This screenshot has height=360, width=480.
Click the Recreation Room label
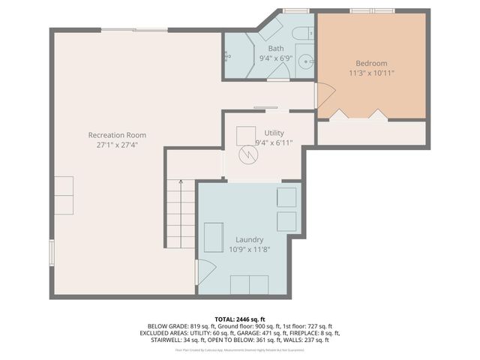pyautogui.click(x=117, y=135)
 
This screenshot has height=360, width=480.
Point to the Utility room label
pyautogui.click(x=274, y=132)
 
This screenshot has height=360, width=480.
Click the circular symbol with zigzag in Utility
pyautogui.click(x=247, y=155)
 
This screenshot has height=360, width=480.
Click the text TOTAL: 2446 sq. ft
pyautogui.click(x=239, y=319)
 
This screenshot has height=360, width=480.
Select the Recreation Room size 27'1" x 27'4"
pyautogui.click(x=117, y=145)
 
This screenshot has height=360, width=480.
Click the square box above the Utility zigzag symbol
pyautogui.click(x=246, y=135)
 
